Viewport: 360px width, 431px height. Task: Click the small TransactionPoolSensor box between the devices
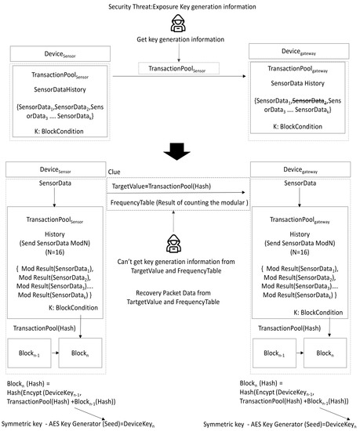180,71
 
